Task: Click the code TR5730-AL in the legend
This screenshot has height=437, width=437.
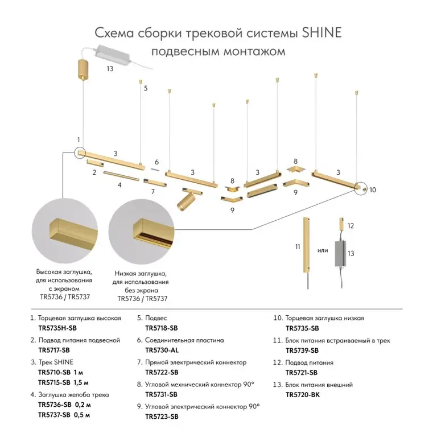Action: click(x=162, y=350)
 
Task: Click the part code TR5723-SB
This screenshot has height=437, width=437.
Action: click(x=162, y=417)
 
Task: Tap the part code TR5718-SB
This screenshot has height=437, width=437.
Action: click(x=162, y=328)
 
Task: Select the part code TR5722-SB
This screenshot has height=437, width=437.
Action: click(x=162, y=372)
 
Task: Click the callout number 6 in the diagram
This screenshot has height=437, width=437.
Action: click(x=156, y=162)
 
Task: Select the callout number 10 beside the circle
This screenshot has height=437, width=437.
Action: click(x=373, y=190)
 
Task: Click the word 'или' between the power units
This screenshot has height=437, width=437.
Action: click(x=323, y=249)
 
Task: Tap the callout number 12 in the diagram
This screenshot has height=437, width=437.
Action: click(x=351, y=226)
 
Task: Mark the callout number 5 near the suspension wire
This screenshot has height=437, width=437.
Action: click(x=146, y=88)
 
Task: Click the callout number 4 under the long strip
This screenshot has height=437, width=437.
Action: click(x=119, y=185)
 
